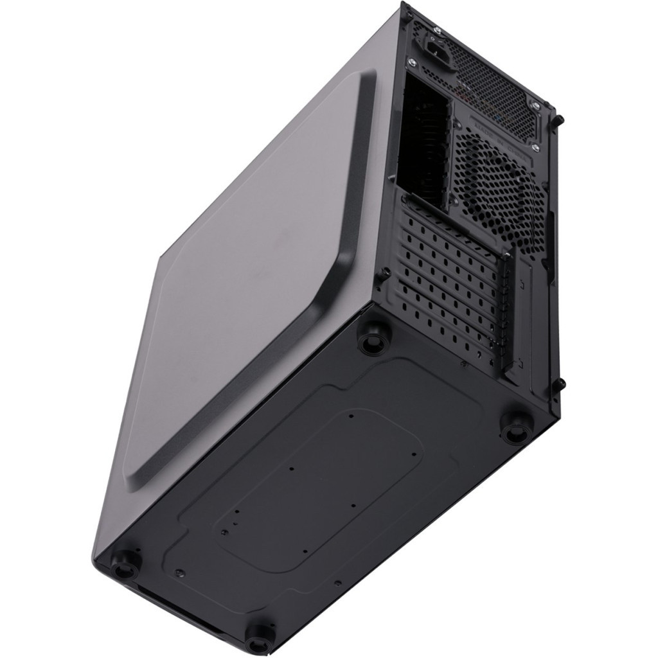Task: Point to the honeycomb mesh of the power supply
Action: coord(495,84)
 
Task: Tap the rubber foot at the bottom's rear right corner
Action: coord(516,427)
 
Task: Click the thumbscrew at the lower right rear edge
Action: coord(560,384)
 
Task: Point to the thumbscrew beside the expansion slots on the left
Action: coord(385,273)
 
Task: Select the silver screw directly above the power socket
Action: coord(438,30)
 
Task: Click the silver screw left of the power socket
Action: coord(413,62)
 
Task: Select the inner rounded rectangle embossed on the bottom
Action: coord(321,482)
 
